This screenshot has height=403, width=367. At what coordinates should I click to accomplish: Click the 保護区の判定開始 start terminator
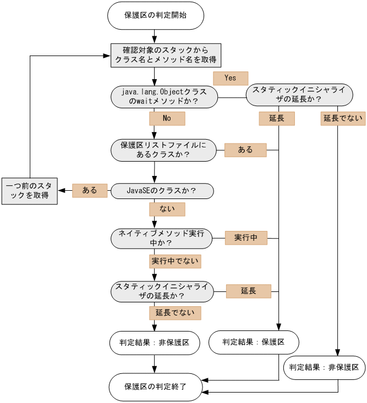(x=156, y=15)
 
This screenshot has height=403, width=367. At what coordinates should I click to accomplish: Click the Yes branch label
(x=231, y=78)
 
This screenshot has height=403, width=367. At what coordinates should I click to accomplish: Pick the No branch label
(x=167, y=118)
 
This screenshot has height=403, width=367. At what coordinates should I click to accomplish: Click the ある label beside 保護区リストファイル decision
(x=245, y=150)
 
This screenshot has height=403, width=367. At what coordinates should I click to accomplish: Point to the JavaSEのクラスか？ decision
(x=162, y=191)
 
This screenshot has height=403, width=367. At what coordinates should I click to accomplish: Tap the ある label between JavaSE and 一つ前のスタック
(x=90, y=191)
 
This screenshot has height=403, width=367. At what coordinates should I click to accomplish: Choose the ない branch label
(x=167, y=209)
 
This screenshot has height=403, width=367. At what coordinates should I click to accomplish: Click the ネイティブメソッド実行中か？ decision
(x=161, y=238)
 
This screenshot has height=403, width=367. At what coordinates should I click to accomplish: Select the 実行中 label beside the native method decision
(x=246, y=238)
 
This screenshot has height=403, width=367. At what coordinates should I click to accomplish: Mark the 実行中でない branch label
(x=175, y=261)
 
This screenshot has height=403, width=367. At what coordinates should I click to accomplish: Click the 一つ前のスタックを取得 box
(x=29, y=191)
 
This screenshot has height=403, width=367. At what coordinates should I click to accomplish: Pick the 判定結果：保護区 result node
(x=254, y=342)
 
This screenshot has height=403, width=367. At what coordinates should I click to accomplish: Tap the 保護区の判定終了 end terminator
(x=156, y=387)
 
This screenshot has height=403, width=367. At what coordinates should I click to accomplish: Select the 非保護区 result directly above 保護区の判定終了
(x=155, y=342)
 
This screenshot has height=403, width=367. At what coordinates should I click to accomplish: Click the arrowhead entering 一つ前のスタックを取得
(x=62, y=191)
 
